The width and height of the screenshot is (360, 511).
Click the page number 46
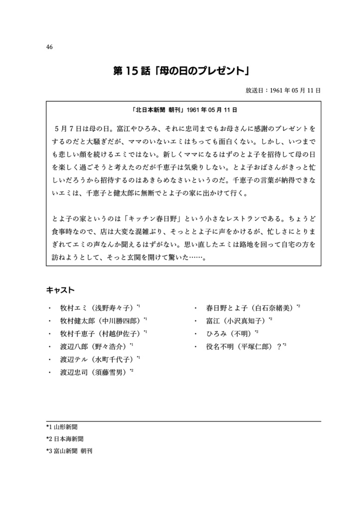[49, 47]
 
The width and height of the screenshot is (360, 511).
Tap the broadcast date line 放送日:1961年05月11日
[283, 91]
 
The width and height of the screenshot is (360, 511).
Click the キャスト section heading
[60, 290]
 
